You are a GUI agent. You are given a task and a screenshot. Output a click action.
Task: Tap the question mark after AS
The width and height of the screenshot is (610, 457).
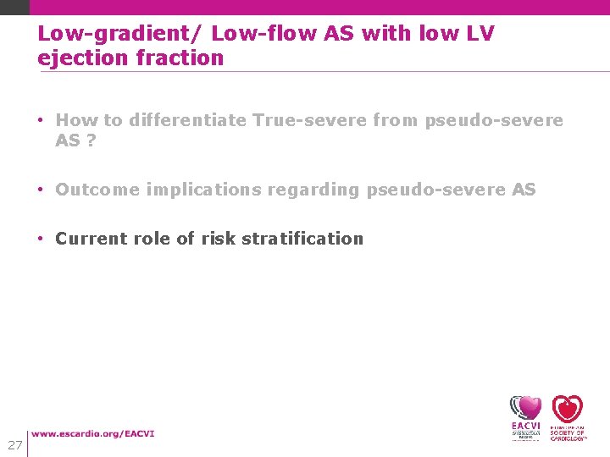[91, 140]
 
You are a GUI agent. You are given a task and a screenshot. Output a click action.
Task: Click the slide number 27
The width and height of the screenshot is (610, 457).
[14, 444]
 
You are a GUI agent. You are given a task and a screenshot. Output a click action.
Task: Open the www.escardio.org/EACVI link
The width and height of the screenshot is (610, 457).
[93, 434]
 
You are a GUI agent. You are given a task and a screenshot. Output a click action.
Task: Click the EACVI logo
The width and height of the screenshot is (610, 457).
[525, 417]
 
